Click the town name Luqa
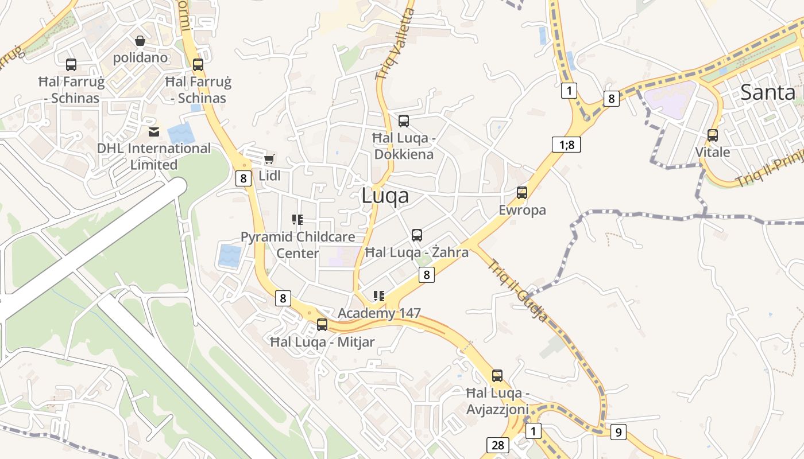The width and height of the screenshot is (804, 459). tap(385, 196)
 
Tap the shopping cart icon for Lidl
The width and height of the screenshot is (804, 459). tap(269, 159)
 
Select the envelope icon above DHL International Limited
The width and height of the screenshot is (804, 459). tap(153, 133)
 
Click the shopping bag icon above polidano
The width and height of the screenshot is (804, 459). tap(140, 41)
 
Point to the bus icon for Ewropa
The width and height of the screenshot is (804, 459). tap(522, 193)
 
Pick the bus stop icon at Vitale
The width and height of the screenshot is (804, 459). tap(713, 135)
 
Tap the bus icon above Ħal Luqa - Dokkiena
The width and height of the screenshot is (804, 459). tap(404, 121)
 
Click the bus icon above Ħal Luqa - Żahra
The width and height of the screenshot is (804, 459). tap(417, 235)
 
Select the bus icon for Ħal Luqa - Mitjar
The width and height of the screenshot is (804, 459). tap(322, 325)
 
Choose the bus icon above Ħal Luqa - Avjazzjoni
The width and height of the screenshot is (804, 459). tap(497, 376)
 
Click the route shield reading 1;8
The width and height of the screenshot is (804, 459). tap(567, 145)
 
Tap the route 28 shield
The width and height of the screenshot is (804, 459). tap(497, 445)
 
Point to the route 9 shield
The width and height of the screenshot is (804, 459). tap(618, 431)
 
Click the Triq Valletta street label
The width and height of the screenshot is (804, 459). tap(395, 44)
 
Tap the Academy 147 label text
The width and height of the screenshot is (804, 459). tap(379, 313)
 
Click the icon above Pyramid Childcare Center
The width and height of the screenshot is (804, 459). tap(297, 219)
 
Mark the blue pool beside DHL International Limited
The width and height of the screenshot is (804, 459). tap(181, 134)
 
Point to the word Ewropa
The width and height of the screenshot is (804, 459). tap(522, 210)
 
